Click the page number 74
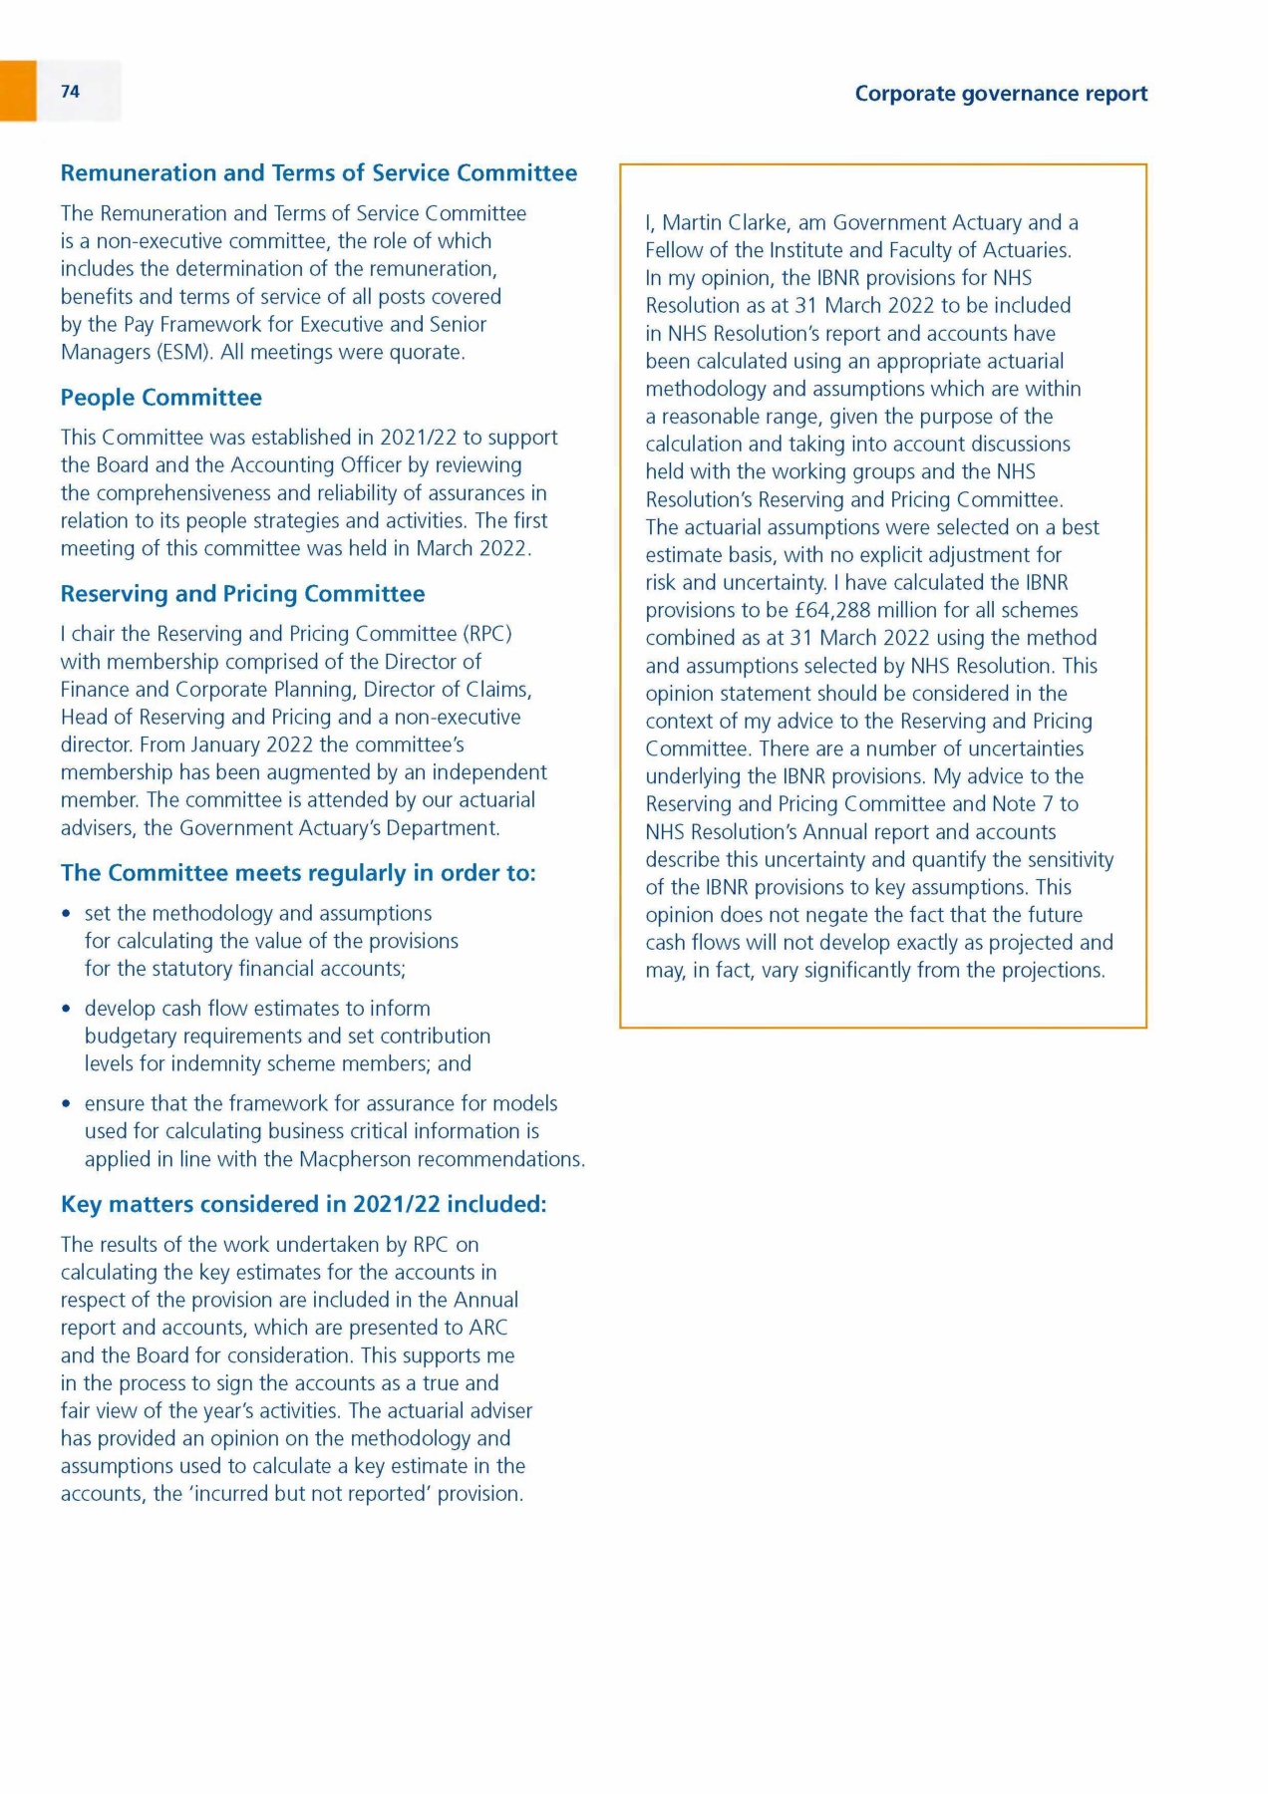(70, 92)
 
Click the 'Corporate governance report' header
(1001, 94)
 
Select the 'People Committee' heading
(160, 398)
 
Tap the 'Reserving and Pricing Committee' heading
(242, 594)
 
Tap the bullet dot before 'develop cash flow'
(66, 1009)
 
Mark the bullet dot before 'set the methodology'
(66, 914)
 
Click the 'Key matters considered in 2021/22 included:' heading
(303, 1204)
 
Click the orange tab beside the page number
(18, 91)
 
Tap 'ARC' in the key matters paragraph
(487, 1328)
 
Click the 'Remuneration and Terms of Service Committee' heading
(318, 173)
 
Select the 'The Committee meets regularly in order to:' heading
(298, 873)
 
